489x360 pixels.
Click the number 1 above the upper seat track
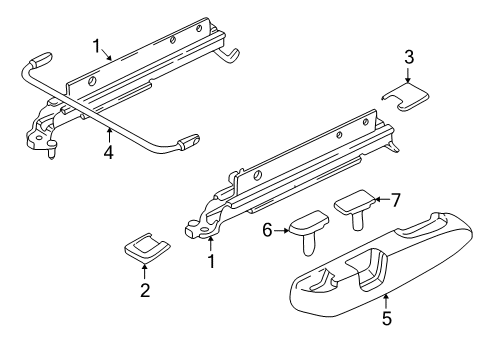pyautogui.click(x=96, y=46)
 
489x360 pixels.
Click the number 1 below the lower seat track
pyautogui.click(x=211, y=261)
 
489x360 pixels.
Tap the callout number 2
pyautogui.click(x=145, y=291)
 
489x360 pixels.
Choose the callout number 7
pyautogui.click(x=396, y=199)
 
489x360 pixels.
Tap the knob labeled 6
pyautogui.click(x=310, y=222)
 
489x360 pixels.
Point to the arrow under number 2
pyautogui.click(x=145, y=271)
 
